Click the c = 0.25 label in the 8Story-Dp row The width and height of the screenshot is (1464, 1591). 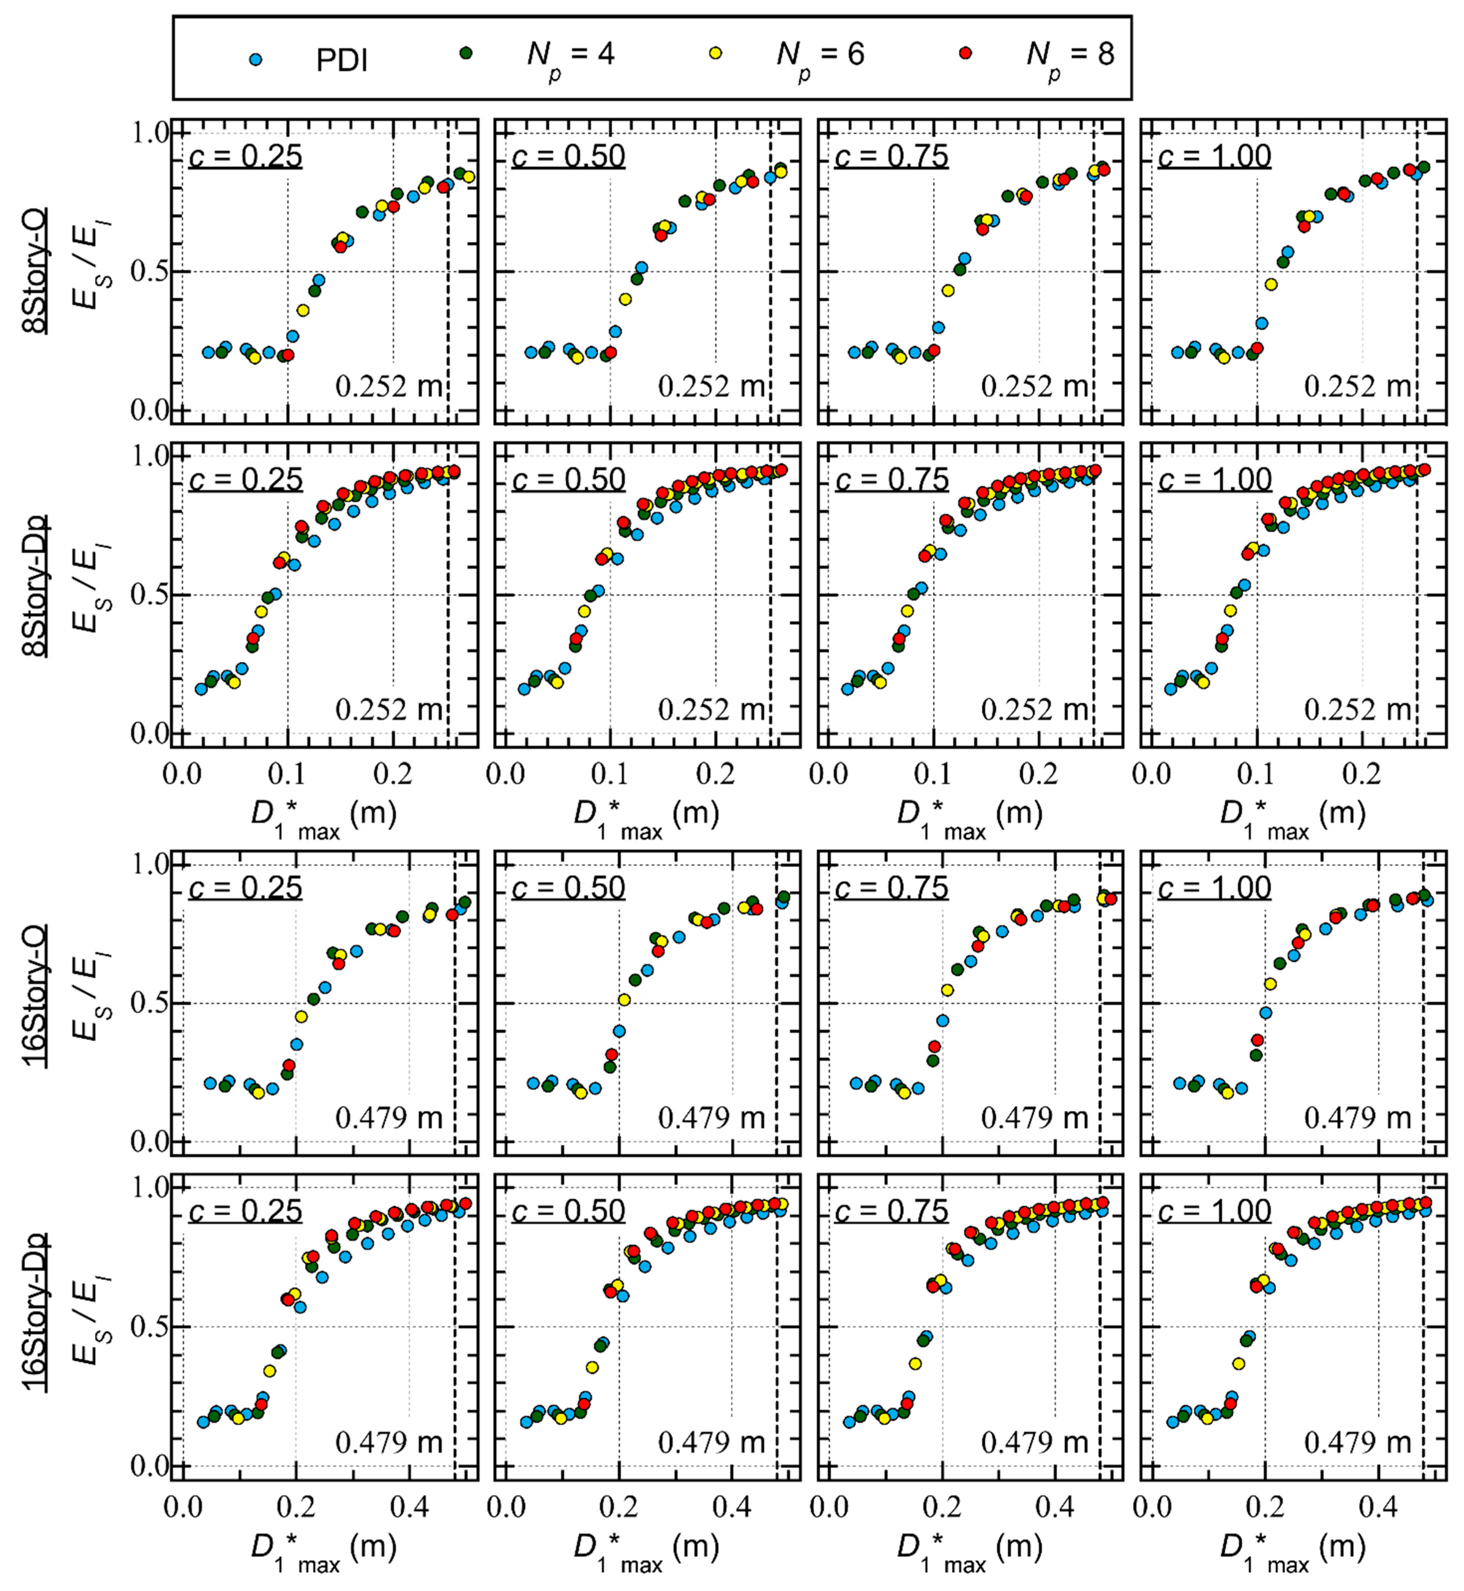(246, 480)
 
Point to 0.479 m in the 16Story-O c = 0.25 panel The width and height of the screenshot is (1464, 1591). (388, 1117)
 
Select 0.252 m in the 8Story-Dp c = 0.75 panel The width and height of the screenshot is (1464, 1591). (1034, 709)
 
